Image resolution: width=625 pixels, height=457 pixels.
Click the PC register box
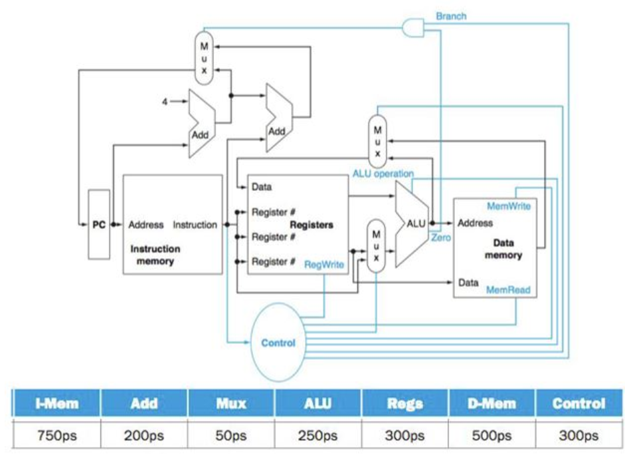coord(98,224)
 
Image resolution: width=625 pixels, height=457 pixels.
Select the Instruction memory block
coord(173,224)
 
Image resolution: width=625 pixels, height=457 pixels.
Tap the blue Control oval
coord(278,343)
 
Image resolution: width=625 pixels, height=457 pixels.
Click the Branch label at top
coord(451,16)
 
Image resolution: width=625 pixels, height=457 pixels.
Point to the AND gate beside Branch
coord(414,27)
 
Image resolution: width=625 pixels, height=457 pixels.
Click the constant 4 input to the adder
coord(165,101)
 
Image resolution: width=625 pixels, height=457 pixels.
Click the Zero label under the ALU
coord(441,237)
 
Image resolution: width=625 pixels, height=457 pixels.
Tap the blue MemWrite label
coord(508,206)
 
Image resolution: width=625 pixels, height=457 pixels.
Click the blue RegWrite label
coord(323,264)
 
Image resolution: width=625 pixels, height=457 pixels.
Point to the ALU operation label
coord(383,174)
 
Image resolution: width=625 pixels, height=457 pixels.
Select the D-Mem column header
coord(492,403)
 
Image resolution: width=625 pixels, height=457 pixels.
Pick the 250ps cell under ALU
coord(317,436)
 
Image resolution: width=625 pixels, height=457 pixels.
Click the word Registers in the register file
coord(312,225)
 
